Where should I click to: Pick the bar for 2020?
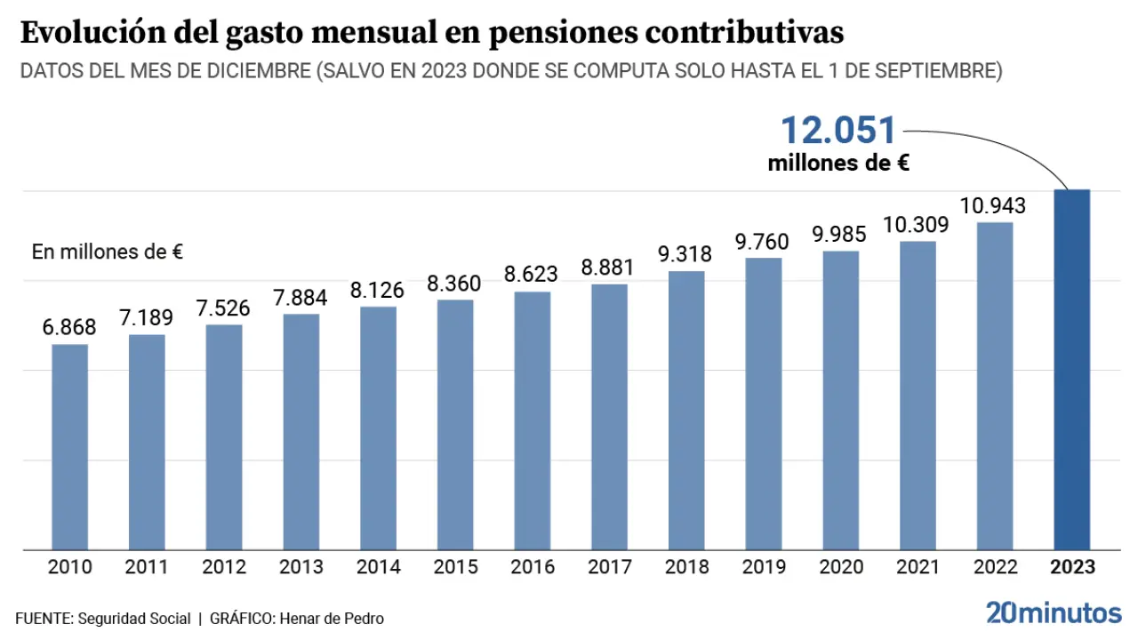click(840, 400)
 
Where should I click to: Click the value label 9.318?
click(686, 254)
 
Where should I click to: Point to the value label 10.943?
click(994, 206)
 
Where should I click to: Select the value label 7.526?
click(224, 308)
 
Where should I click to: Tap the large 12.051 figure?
click(838, 131)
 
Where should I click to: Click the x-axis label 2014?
click(378, 567)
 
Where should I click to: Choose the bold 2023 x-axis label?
click(1072, 567)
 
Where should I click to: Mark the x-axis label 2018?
click(686, 567)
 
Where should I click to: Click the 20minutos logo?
click(1054, 612)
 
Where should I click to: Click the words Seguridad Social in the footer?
click(134, 619)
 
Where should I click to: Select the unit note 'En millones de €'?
click(108, 252)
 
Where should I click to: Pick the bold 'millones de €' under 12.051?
click(838, 164)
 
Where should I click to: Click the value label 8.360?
click(455, 284)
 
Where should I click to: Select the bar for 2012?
click(224, 436)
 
